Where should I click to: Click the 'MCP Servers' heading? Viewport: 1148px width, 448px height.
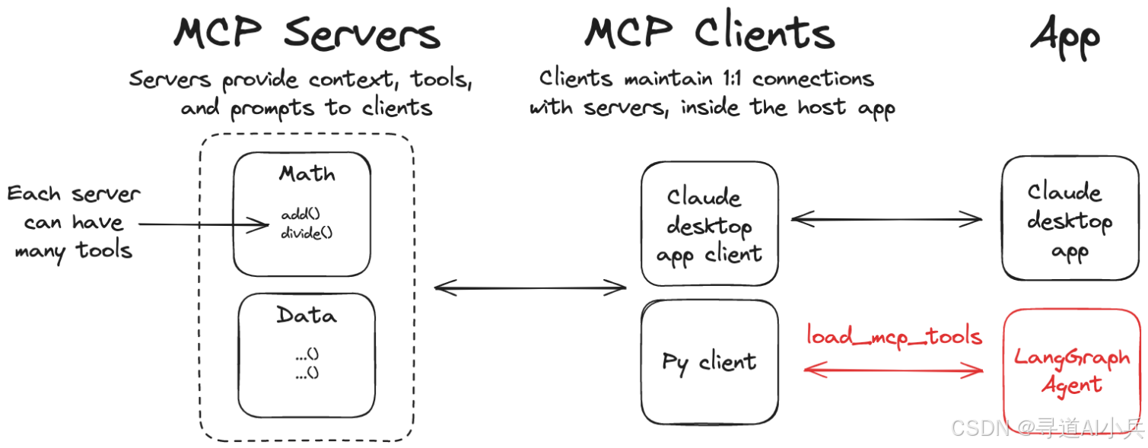click(307, 33)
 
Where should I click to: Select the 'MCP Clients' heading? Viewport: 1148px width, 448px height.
click(709, 33)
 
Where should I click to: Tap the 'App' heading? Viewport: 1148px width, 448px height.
click(1065, 37)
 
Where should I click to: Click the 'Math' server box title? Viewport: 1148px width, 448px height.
click(307, 174)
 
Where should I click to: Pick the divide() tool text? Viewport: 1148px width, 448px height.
click(307, 233)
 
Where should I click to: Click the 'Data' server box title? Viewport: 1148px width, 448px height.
click(307, 315)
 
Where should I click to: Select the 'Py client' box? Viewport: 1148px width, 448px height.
click(709, 362)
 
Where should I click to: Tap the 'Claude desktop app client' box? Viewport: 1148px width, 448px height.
click(709, 226)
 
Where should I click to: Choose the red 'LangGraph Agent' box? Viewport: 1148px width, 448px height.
click(1072, 371)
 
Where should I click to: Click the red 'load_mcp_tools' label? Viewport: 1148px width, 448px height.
click(894, 336)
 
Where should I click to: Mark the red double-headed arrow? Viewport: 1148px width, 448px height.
click(894, 370)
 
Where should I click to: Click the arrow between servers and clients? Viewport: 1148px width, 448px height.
click(529, 288)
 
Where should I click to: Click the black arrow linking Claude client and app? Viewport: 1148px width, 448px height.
click(887, 220)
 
